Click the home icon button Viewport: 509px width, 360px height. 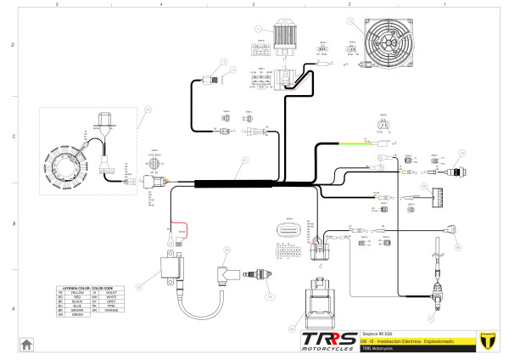[26, 344]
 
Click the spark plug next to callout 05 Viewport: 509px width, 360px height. [259, 275]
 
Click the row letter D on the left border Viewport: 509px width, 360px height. [7, 44]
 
